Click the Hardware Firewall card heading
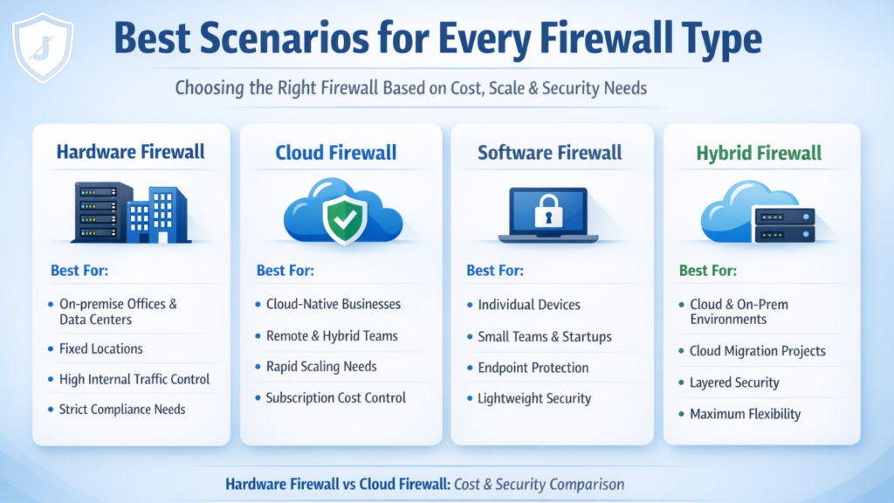pyautogui.click(x=131, y=152)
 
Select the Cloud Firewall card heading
pyautogui.click(x=336, y=154)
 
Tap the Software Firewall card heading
pyautogui.click(x=550, y=153)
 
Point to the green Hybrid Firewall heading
pyautogui.click(x=759, y=154)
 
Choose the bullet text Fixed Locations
pyautogui.click(x=100, y=348)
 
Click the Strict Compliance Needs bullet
pyautogui.click(x=122, y=409)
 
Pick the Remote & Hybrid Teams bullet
pyautogui.click(x=332, y=335)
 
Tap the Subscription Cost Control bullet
pyautogui.click(x=336, y=397)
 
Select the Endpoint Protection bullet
pyautogui.click(x=533, y=368)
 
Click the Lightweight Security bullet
pyautogui.click(x=534, y=398)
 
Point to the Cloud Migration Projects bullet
pyautogui.click(x=757, y=351)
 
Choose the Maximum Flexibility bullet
pyautogui.click(x=745, y=413)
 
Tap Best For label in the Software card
pyautogui.click(x=495, y=271)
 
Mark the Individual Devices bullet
pyautogui.click(x=529, y=305)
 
